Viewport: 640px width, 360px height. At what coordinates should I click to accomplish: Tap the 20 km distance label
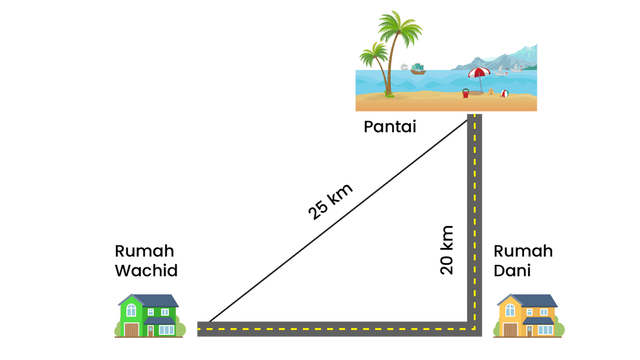(x=447, y=250)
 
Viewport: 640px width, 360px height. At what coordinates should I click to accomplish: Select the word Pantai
(x=390, y=127)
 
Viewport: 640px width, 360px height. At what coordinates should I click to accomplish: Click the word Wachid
(x=147, y=271)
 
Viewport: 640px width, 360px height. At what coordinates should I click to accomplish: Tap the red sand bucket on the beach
(x=465, y=94)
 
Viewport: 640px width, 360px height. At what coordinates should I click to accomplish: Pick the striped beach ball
(x=504, y=94)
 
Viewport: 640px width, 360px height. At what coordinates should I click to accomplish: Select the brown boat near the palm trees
(x=418, y=71)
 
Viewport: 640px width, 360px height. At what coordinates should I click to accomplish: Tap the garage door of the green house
(x=131, y=329)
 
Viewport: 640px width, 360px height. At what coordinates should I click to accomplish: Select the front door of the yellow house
(x=529, y=331)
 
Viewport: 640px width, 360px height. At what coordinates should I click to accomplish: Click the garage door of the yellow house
(x=510, y=329)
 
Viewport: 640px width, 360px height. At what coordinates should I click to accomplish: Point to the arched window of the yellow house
(x=510, y=309)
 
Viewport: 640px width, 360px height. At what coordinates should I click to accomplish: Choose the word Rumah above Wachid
(x=144, y=251)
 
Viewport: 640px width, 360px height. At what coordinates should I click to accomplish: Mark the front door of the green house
(x=150, y=331)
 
